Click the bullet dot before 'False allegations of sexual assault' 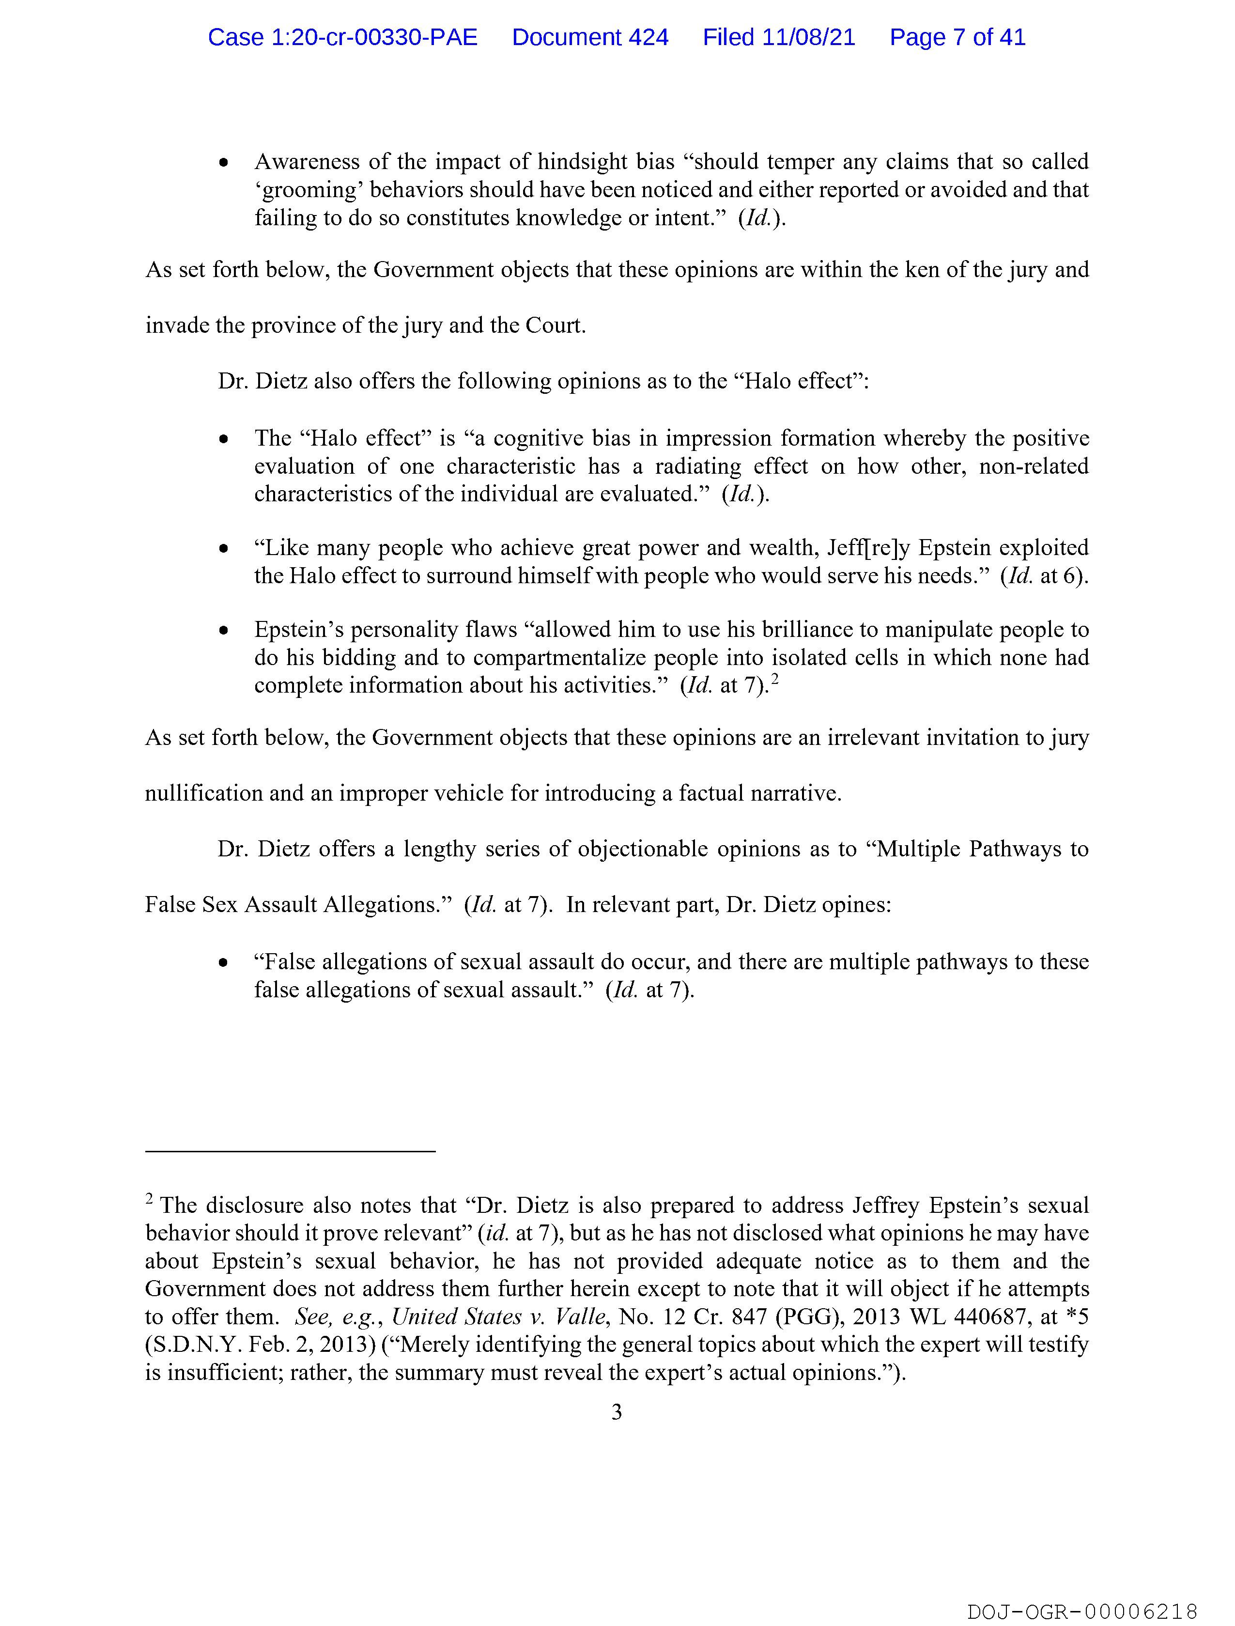(x=223, y=962)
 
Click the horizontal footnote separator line (x=291, y=1150)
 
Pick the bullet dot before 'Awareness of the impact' (x=223, y=162)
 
